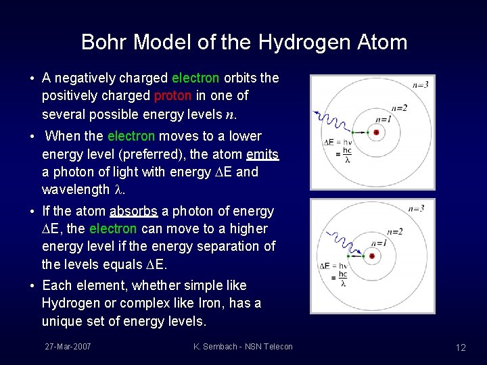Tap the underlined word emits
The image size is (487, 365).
click(x=262, y=154)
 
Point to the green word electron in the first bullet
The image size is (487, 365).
click(x=195, y=78)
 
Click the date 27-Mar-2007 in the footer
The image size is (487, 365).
click(x=68, y=347)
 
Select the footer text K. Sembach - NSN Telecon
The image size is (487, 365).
click(x=243, y=347)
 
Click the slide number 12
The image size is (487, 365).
click(x=461, y=347)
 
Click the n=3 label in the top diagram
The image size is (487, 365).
click(x=420, y=84)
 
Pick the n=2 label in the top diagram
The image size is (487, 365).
click(x=399, y=108)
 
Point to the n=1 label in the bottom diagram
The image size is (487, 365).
click(x=379, y=243)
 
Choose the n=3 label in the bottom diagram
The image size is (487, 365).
click(x=416, y=208)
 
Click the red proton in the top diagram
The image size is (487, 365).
click(x=376, y=132)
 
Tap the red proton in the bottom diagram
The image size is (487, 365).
click(x=375, y=256)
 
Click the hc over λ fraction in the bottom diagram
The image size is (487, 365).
click(x=343, y=279)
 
